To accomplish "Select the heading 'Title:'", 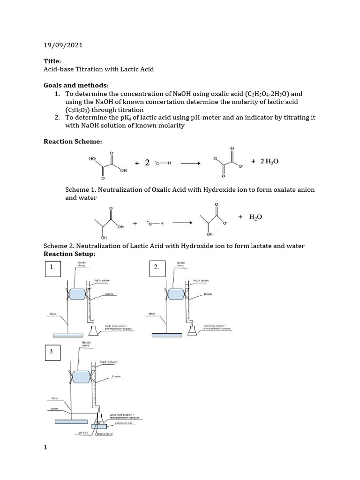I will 52,61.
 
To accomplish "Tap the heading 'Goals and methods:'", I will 75,85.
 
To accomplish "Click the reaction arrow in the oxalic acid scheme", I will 190,163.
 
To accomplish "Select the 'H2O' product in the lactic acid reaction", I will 255,217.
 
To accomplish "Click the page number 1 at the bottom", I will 45,448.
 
